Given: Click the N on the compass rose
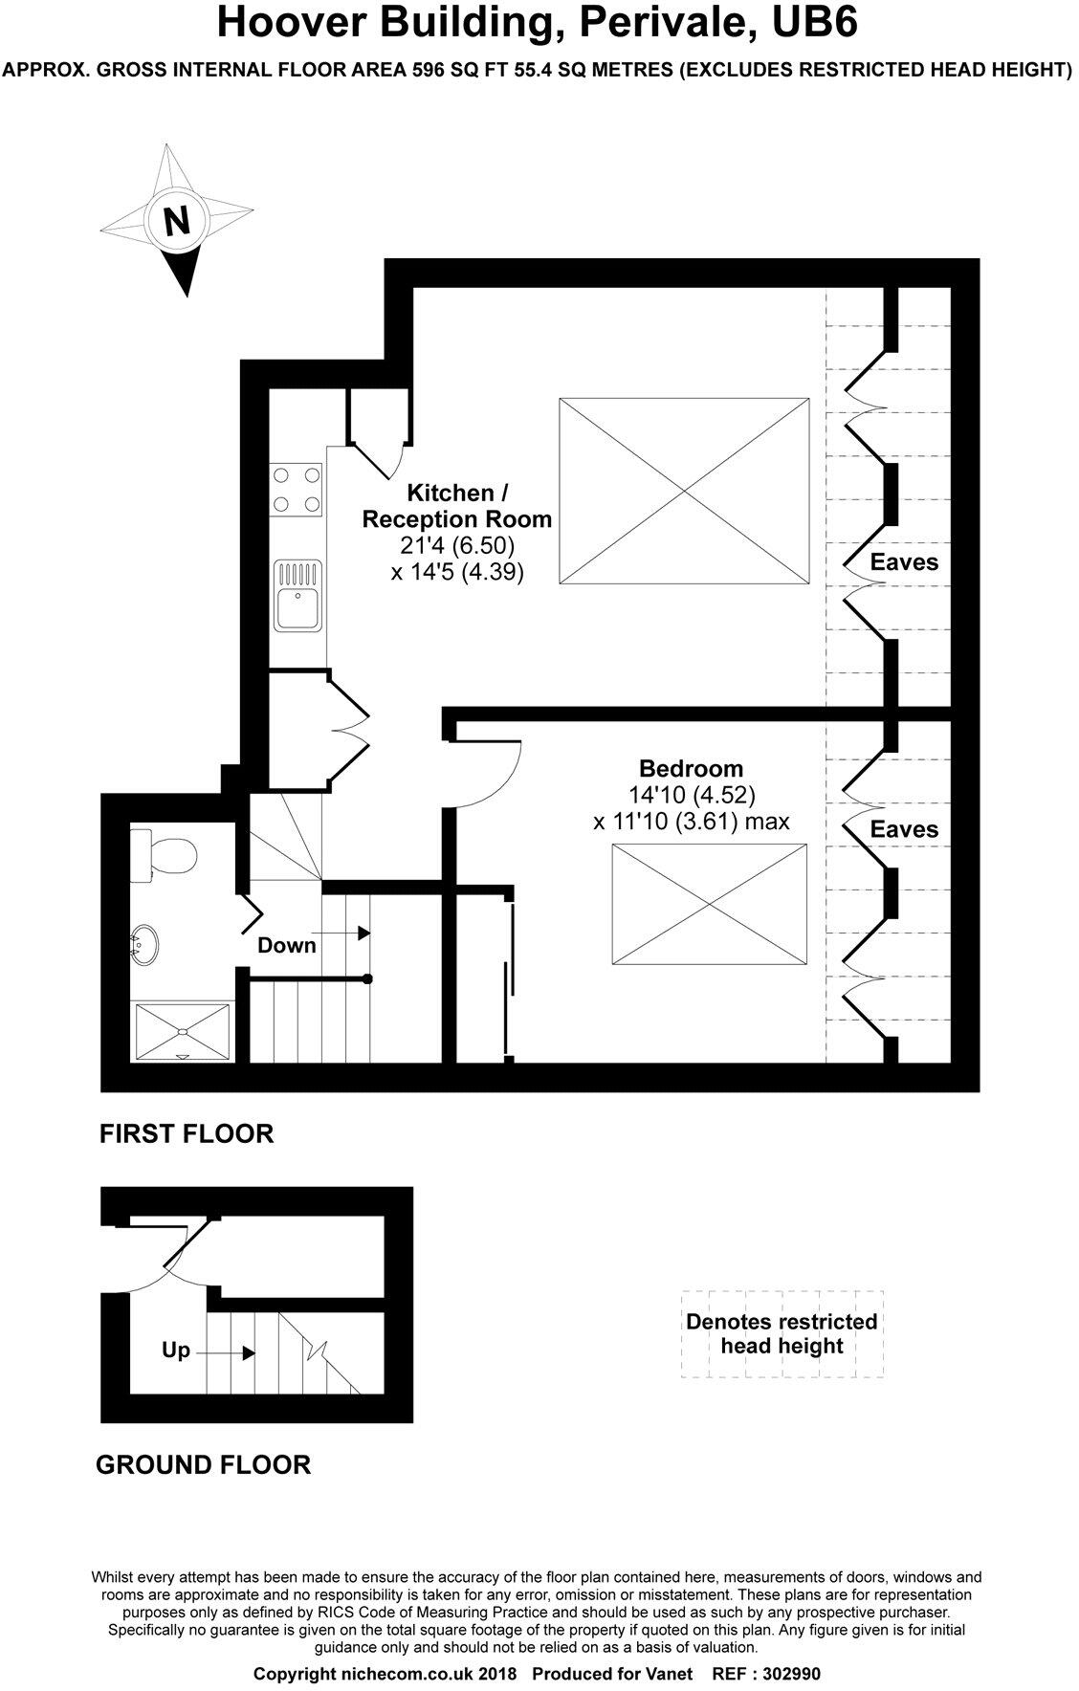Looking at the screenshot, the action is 177,221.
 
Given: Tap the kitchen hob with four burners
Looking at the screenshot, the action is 297,490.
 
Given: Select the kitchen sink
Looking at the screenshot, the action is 297,596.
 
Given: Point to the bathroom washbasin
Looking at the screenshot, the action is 145,943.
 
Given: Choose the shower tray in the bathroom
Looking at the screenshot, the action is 183,1031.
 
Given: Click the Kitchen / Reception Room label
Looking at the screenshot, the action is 456,506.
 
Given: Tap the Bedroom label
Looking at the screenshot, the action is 691,768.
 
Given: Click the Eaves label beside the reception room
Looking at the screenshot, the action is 904,561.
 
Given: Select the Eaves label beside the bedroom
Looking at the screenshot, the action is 904,829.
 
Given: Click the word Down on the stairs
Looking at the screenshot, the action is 287,945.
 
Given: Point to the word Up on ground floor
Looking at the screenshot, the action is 176,1351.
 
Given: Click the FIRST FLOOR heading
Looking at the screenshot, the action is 187,1133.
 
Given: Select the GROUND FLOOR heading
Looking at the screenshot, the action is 204,1464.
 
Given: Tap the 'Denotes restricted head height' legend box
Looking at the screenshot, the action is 782,1334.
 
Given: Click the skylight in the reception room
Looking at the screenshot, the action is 685,491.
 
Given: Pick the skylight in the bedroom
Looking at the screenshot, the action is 709,905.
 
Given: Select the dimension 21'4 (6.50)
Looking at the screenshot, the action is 457,546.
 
